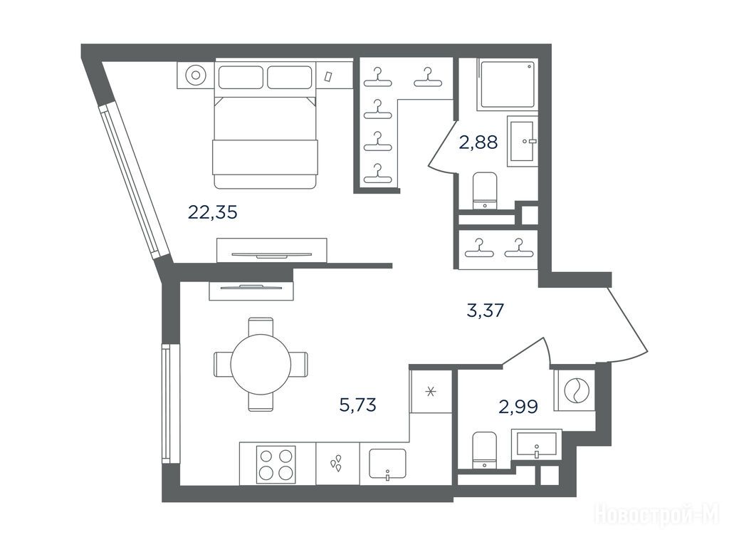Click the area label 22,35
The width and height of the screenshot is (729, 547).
212,212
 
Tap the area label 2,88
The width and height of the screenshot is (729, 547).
478,142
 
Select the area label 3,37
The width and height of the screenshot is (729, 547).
486,310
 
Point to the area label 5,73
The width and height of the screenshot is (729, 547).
357,405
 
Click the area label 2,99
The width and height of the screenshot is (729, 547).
518,407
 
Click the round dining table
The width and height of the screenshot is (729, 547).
261,364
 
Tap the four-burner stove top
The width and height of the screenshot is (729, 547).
276,464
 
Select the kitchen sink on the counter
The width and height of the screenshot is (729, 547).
387,463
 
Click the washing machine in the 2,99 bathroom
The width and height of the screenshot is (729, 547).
575,390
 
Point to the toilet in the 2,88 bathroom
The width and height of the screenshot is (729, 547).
484,190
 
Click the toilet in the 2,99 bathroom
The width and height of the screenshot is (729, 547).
484,450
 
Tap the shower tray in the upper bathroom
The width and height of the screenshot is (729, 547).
507,84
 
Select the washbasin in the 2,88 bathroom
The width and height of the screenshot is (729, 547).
523,141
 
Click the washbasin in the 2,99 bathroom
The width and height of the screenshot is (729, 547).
537,444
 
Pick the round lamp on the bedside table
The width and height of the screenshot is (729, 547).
195,75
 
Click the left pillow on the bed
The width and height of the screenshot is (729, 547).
241,77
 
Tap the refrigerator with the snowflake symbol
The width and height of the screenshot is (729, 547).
431,391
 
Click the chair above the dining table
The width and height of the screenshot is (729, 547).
261,326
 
